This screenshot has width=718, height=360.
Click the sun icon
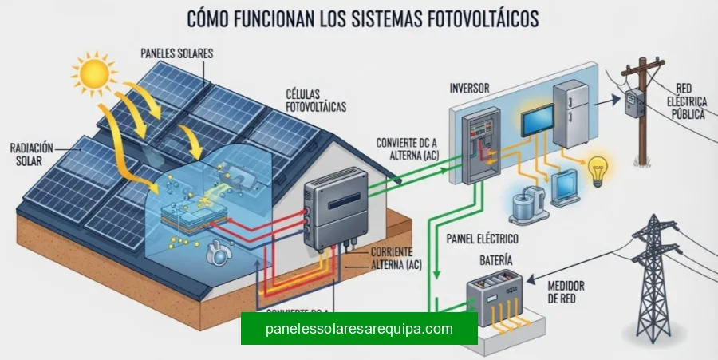94,73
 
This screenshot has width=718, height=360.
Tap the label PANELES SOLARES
177,53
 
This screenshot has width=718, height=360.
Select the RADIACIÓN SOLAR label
33,156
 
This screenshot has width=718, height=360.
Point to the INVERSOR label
470,87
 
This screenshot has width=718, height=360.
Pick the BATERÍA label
497,261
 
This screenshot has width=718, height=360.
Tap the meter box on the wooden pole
633,103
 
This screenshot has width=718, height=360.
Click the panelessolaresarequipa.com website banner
359,328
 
